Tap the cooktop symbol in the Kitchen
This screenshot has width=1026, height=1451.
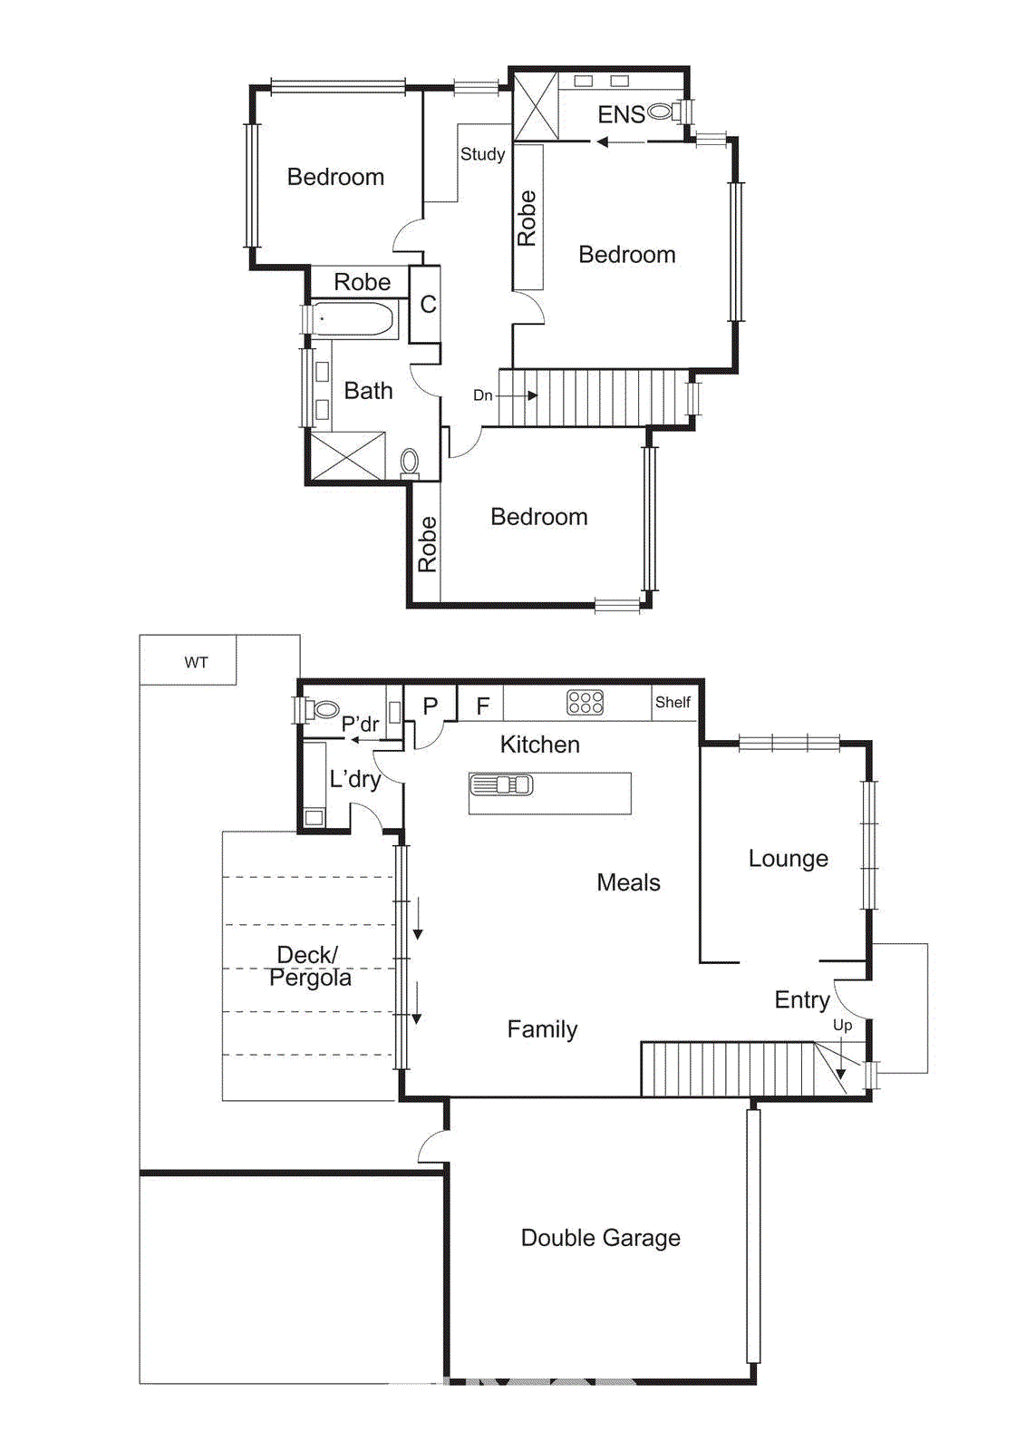585,703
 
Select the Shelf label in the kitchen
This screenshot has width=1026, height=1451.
673,703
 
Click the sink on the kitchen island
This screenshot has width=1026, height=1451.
501,785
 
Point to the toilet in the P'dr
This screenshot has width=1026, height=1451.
324,708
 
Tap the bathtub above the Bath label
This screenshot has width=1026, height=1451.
353,319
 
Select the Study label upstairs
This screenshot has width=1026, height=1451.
482,154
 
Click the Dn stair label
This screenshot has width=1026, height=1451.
483,395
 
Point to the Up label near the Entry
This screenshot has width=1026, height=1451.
842,1025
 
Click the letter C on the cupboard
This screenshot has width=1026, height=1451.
428,304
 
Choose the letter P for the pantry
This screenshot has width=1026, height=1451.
431,706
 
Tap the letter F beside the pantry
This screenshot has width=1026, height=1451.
483,706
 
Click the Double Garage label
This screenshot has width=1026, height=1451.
600,1238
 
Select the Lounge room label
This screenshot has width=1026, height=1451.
788,858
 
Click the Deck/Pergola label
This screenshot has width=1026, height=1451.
309,966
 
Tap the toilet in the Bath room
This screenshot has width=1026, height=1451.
410,462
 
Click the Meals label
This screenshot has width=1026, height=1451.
628,882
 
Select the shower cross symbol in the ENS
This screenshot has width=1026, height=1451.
536,107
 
